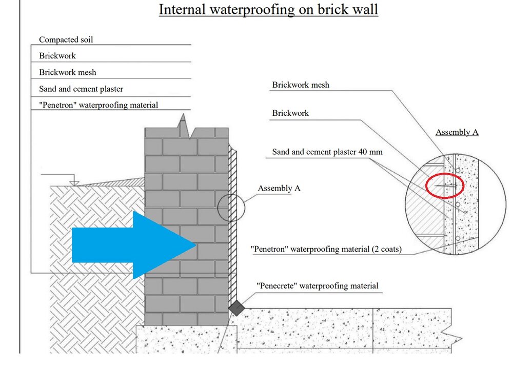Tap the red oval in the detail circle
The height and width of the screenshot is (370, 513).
444,185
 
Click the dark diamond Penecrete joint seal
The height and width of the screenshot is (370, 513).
236,307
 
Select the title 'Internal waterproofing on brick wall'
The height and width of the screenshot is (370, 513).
268,10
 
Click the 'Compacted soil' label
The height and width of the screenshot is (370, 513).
66,39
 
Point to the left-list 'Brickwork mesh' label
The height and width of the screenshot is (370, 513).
67,72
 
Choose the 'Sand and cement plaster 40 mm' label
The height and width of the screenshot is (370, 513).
327,152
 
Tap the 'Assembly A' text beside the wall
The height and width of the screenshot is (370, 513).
279,188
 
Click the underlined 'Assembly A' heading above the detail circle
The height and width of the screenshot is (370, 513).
457,132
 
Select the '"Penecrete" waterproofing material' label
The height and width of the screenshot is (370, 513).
317,285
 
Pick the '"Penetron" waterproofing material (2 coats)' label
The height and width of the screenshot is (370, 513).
326,249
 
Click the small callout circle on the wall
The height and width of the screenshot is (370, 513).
231,209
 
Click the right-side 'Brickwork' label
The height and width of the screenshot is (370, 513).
290,113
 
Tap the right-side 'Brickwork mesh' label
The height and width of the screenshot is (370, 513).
301,85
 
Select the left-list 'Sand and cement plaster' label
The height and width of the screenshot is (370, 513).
81,89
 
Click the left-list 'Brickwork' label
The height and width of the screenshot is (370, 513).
57,56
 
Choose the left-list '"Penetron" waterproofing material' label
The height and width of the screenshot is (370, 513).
98,105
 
